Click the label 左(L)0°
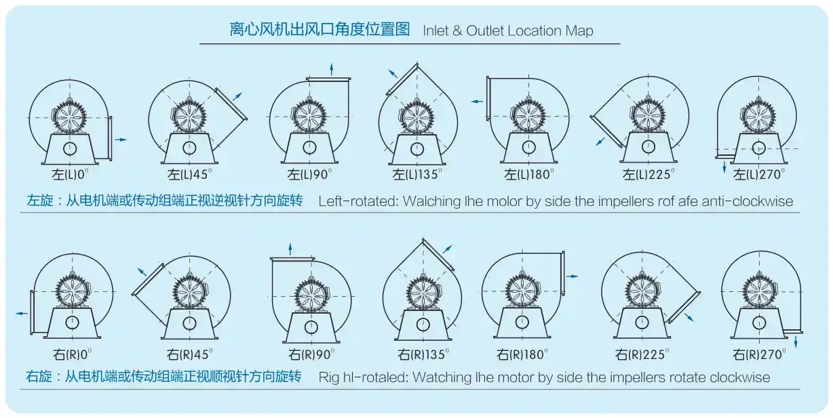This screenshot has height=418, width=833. pyautogui.click(x=71, y=174)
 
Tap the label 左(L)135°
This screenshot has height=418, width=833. pyautogui.click(x=417, y=174)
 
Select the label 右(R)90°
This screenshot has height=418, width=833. pyautogui.click(x=311, y=354)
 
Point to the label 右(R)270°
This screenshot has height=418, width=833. pyautogui.click(x=759, y=354)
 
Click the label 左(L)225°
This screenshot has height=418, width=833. pyautogui.click(x=648, y=174)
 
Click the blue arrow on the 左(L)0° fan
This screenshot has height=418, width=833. pyautogui.click(x=121, y=140)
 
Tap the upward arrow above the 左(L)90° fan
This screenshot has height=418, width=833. pyautogui.click(x=331, y=70)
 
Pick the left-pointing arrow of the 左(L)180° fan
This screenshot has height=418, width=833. pyautogui.click(x=477, y=101)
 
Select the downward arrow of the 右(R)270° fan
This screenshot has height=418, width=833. pyautogui.click(x=796, y=341)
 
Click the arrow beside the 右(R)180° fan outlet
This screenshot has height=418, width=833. pyautogui.click(x=572, y=276)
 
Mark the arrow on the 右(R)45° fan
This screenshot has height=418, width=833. pyautogui.click(x=142, y=272)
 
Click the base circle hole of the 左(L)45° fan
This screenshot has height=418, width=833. pyautogui.click(x=189, y=148)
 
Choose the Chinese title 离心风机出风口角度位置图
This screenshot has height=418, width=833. pyautogui.click(x=319, y=29)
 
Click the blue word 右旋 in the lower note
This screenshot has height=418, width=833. pyautogui.click(x=39, y=377)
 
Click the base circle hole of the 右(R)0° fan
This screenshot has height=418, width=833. pyautogui.click(x=72, y=322)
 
